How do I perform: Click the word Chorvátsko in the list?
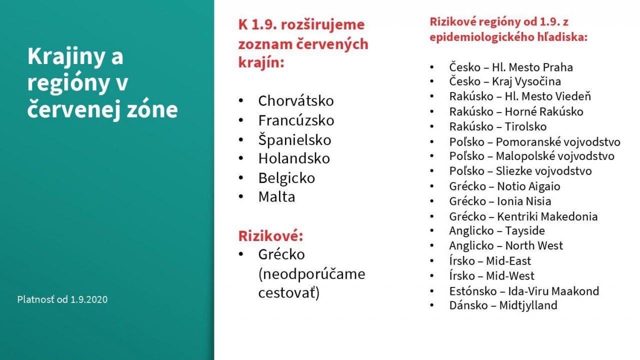tap(296, 100)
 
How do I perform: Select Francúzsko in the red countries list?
tap(296, 120)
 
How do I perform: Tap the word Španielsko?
tap(294, 140)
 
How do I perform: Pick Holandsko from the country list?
tap(294, 158)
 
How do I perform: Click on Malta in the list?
tap(276, 197)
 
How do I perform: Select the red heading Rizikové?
tap(270, 236)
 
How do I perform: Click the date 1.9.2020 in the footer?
tap(89, 299)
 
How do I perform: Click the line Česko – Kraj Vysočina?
tap(505, 81)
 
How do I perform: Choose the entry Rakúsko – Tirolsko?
tap(497, 126)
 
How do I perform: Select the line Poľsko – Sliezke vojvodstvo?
tap(520, 171)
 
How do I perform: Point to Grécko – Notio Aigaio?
tap(504, 186)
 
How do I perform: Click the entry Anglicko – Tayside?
tap(497, 231)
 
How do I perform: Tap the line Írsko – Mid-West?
tap(491, 276)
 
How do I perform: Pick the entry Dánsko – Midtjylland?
tap(503, 305)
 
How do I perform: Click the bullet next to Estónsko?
tap(431, 291)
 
